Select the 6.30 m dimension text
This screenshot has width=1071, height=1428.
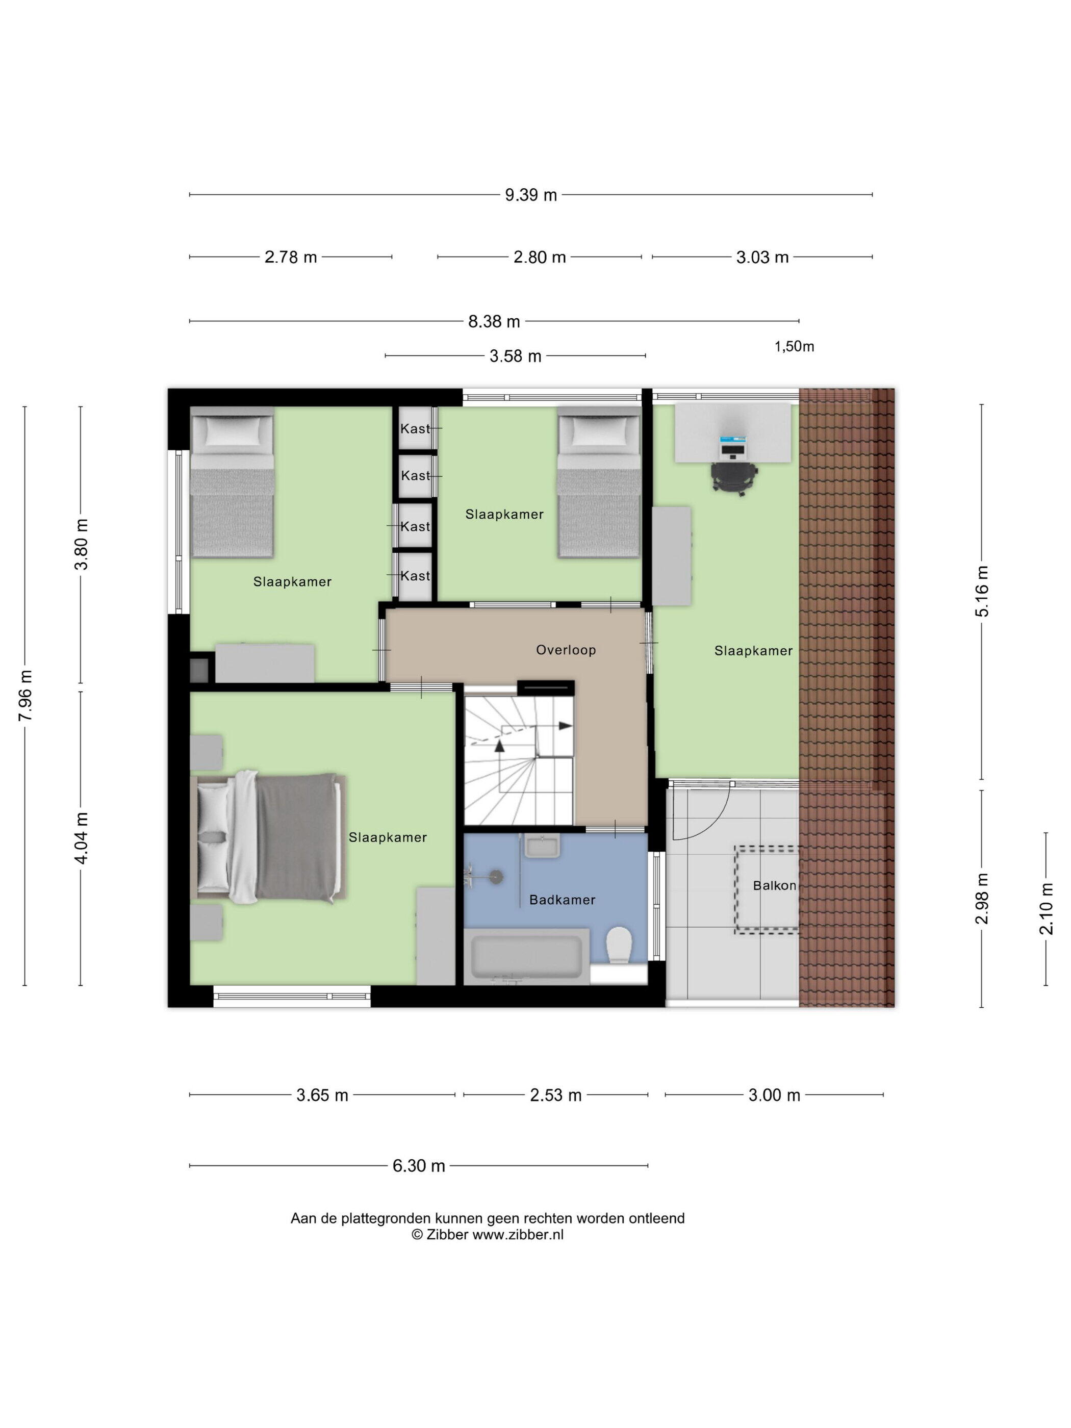pos(418,1165)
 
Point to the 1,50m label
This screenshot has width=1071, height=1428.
pos(794,347)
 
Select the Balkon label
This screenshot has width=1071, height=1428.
pos(774,885)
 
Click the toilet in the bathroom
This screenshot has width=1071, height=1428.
pos(619,945)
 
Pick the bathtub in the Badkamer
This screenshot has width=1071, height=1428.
pos(527,956)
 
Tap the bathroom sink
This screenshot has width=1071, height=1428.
pos(542,846)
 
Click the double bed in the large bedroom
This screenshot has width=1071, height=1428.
pos(268,837)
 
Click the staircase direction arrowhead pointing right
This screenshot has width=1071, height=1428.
pos(566,726)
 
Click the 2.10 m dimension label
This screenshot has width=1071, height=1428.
pos(1046,908)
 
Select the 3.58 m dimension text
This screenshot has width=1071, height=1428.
pos(515,355)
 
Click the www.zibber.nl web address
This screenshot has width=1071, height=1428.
pos(518,1234)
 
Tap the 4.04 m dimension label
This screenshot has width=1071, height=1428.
pos(81,837)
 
